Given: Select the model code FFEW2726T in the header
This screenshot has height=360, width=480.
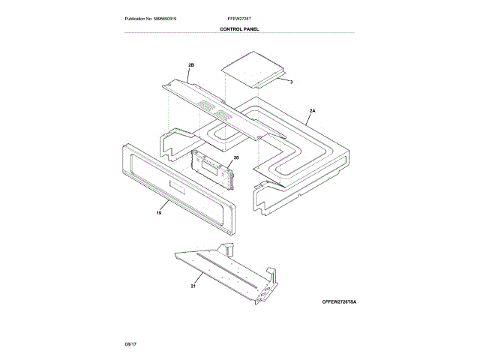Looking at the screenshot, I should tap(239, 17).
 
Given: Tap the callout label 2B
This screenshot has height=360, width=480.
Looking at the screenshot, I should tap(190, 65).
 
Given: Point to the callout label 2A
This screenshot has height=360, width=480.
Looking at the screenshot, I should tap(312, 110).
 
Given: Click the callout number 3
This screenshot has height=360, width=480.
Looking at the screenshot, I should tap(291, 80).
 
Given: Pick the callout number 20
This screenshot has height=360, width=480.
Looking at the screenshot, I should tap(235, 158).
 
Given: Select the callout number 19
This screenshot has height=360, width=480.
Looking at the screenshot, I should tap(159, 214).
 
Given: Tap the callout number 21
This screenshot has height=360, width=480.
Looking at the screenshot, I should tap(193, 286).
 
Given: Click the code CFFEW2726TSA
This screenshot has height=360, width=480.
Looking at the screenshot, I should tap(340, 301).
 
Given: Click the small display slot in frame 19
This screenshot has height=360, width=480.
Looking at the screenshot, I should tap(178, 188).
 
